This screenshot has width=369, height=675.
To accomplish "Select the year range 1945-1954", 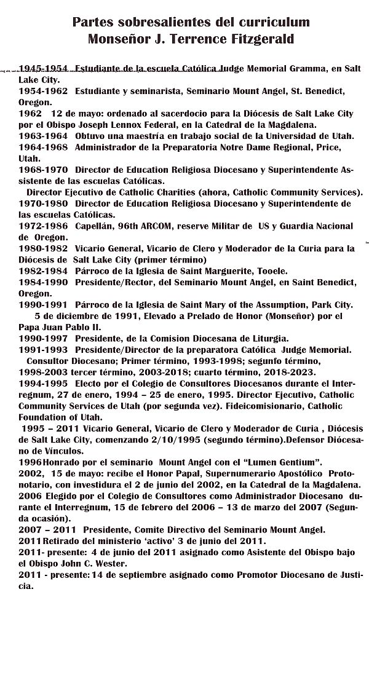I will click(43, 69).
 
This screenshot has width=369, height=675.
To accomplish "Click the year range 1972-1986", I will click(43, 226).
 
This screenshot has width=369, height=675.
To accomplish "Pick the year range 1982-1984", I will click(43, 270).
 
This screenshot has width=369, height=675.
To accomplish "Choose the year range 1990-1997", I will click(43, 338).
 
